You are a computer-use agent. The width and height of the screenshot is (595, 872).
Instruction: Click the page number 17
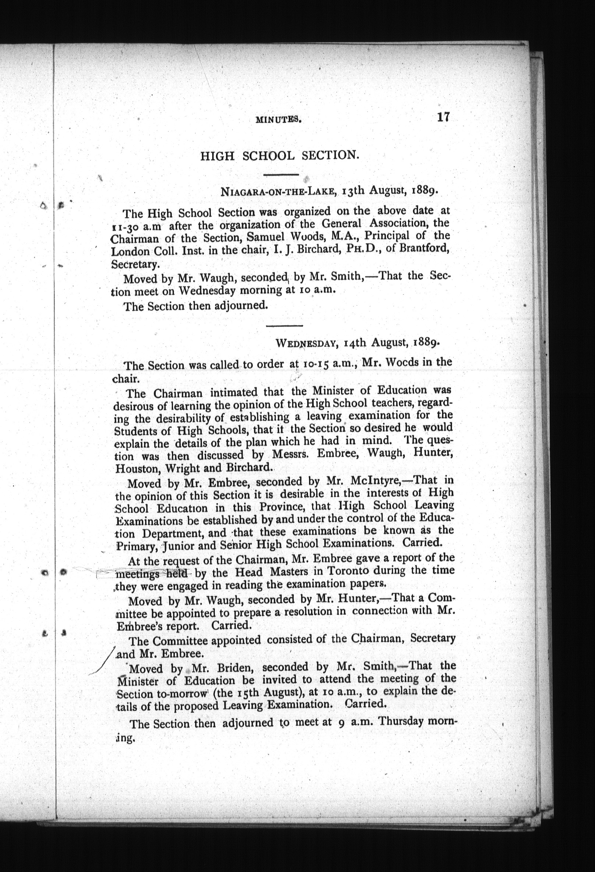pos(443,117)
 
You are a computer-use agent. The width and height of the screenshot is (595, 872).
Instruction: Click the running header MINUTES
pos(278,120)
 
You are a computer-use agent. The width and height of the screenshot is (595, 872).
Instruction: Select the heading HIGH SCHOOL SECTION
pos(279,155)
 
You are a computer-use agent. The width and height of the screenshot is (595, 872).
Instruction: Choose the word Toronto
pos(359,572)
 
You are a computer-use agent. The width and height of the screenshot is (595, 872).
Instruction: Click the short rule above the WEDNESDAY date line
pos(284,325)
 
